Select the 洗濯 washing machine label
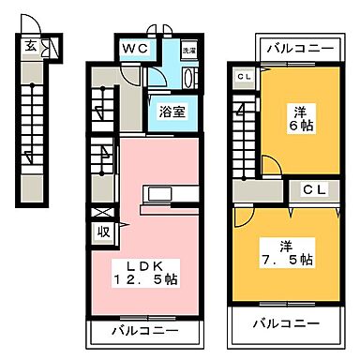188,48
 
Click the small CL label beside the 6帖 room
244,77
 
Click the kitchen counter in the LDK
167,195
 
